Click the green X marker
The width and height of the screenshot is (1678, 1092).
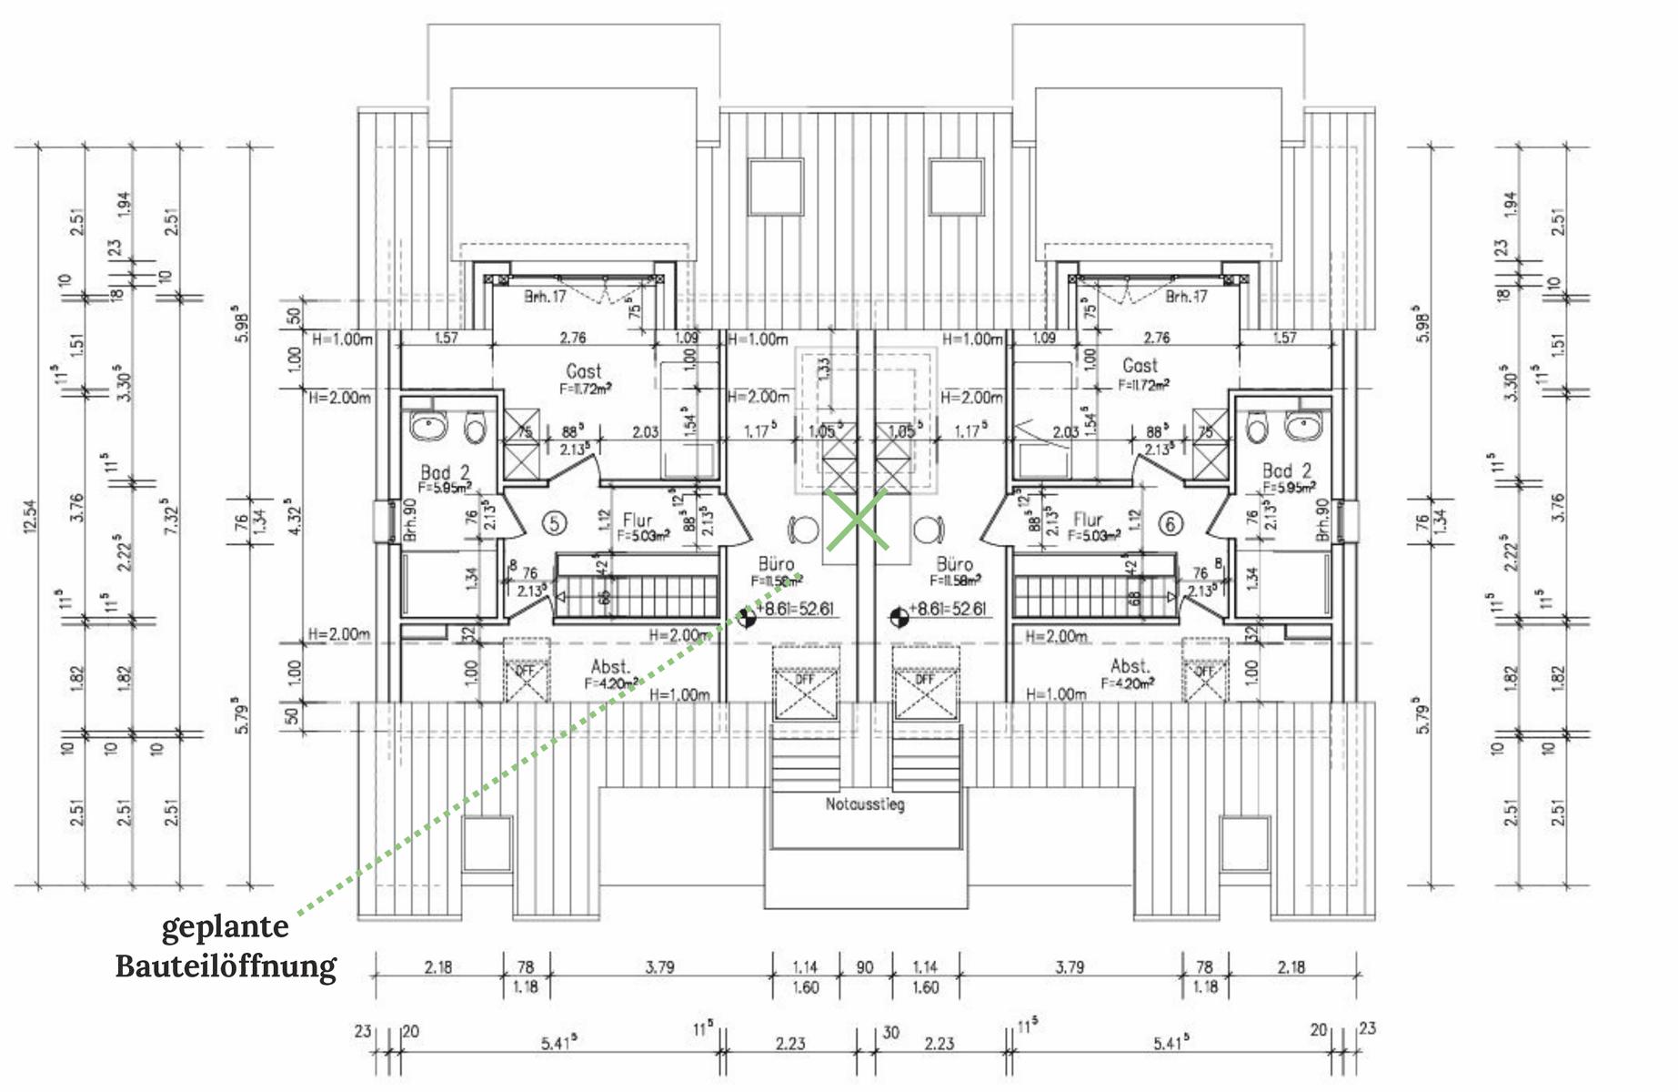tap(857, 520)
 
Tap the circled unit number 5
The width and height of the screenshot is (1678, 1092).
tap(554, 523)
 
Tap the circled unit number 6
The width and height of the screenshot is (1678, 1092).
tap(1171, 524)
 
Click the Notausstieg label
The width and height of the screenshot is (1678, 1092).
tap(865, 804)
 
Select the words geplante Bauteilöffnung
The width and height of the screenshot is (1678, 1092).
tap(226, 946)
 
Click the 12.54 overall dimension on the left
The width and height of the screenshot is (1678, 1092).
tap(30, 516)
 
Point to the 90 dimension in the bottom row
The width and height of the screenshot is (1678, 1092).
tap(864, 967)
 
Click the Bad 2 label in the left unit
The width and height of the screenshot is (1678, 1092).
tap(445, 473)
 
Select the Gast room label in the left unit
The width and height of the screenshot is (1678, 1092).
tap(583, 371)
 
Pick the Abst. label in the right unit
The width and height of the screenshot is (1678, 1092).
tap(1130, 666)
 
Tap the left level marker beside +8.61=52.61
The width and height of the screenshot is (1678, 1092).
tap(746, 618)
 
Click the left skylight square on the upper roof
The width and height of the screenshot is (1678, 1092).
tap(776, 187)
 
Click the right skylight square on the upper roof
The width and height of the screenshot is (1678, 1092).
tap(957, 187)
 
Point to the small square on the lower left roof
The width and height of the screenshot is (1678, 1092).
tap(487, 844)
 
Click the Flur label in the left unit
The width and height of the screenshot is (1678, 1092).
tap(638, 521)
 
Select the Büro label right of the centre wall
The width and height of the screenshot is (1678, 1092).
tap(954, 565)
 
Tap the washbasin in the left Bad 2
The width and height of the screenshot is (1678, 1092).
tap(426, 426)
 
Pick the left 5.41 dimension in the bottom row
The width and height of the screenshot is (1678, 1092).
tap(558, 1044)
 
